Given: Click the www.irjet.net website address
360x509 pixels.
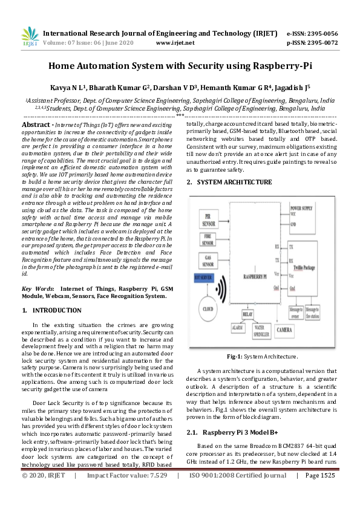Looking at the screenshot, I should click(175, 43).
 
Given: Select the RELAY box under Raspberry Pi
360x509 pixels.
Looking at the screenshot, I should click(247, 315).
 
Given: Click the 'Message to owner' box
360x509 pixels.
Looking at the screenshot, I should click(296, 312).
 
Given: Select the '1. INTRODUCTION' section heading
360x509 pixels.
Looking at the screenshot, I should click(51, 310).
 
